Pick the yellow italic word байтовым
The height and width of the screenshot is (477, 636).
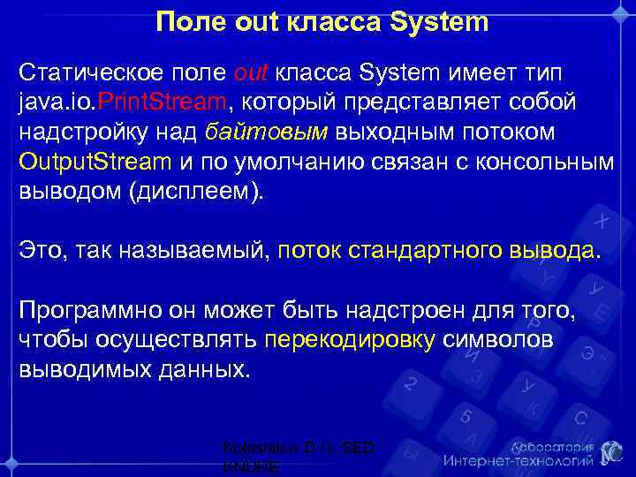266,132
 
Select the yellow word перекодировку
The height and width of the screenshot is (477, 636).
351,341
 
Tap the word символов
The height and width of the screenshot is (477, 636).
499,341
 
